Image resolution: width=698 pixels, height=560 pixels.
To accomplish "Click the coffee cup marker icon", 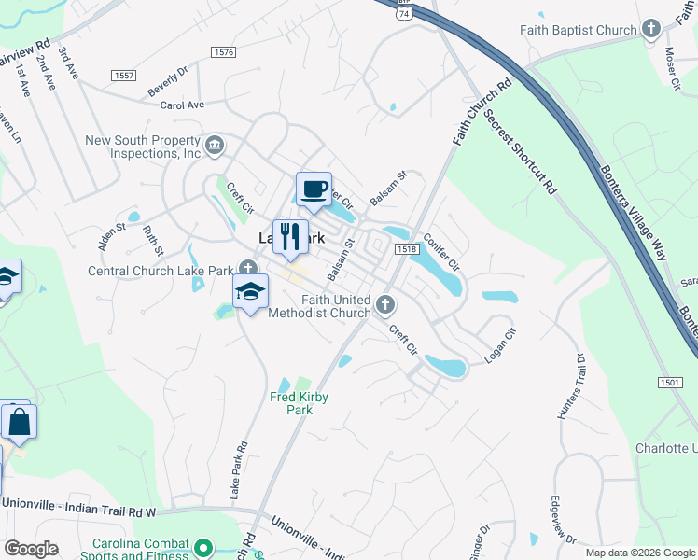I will (x=314, y=189).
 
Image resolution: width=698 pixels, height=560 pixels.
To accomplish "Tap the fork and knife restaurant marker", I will (x=290, y=237).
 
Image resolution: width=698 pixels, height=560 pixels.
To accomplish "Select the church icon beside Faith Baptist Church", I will (x=651, y=30).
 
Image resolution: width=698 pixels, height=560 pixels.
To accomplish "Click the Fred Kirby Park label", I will (x=299, y=403).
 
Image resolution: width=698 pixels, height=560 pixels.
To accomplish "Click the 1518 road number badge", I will (x=406, y=248).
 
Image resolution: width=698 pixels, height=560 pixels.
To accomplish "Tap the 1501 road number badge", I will (x=670, y=383).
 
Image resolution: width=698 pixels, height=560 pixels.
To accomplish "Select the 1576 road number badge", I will (x=223, y=52).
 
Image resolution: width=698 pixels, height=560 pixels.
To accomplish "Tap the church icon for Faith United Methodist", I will (x=384, y=304).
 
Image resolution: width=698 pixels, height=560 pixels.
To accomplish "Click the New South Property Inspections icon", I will (x=215, y=144).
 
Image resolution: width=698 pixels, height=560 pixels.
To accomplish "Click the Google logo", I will (x=32, y=549).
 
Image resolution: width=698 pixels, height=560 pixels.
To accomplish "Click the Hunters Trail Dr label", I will (x=569, y=385).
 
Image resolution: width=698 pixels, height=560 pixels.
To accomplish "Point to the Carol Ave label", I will (x=182, y=105).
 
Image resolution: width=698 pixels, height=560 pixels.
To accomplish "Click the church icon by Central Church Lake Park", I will (x=245, y=271).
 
